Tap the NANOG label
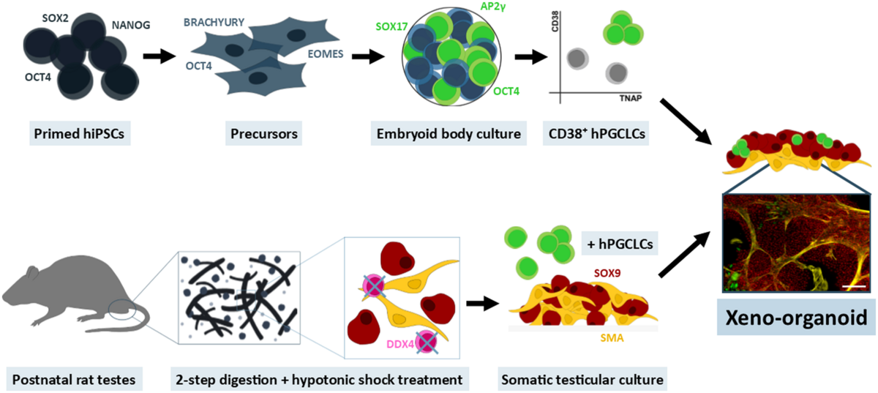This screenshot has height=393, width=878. [x=130, y=26]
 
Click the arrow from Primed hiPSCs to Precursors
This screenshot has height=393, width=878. [x=160, y=56]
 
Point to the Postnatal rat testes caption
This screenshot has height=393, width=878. [x=71, y=380]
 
